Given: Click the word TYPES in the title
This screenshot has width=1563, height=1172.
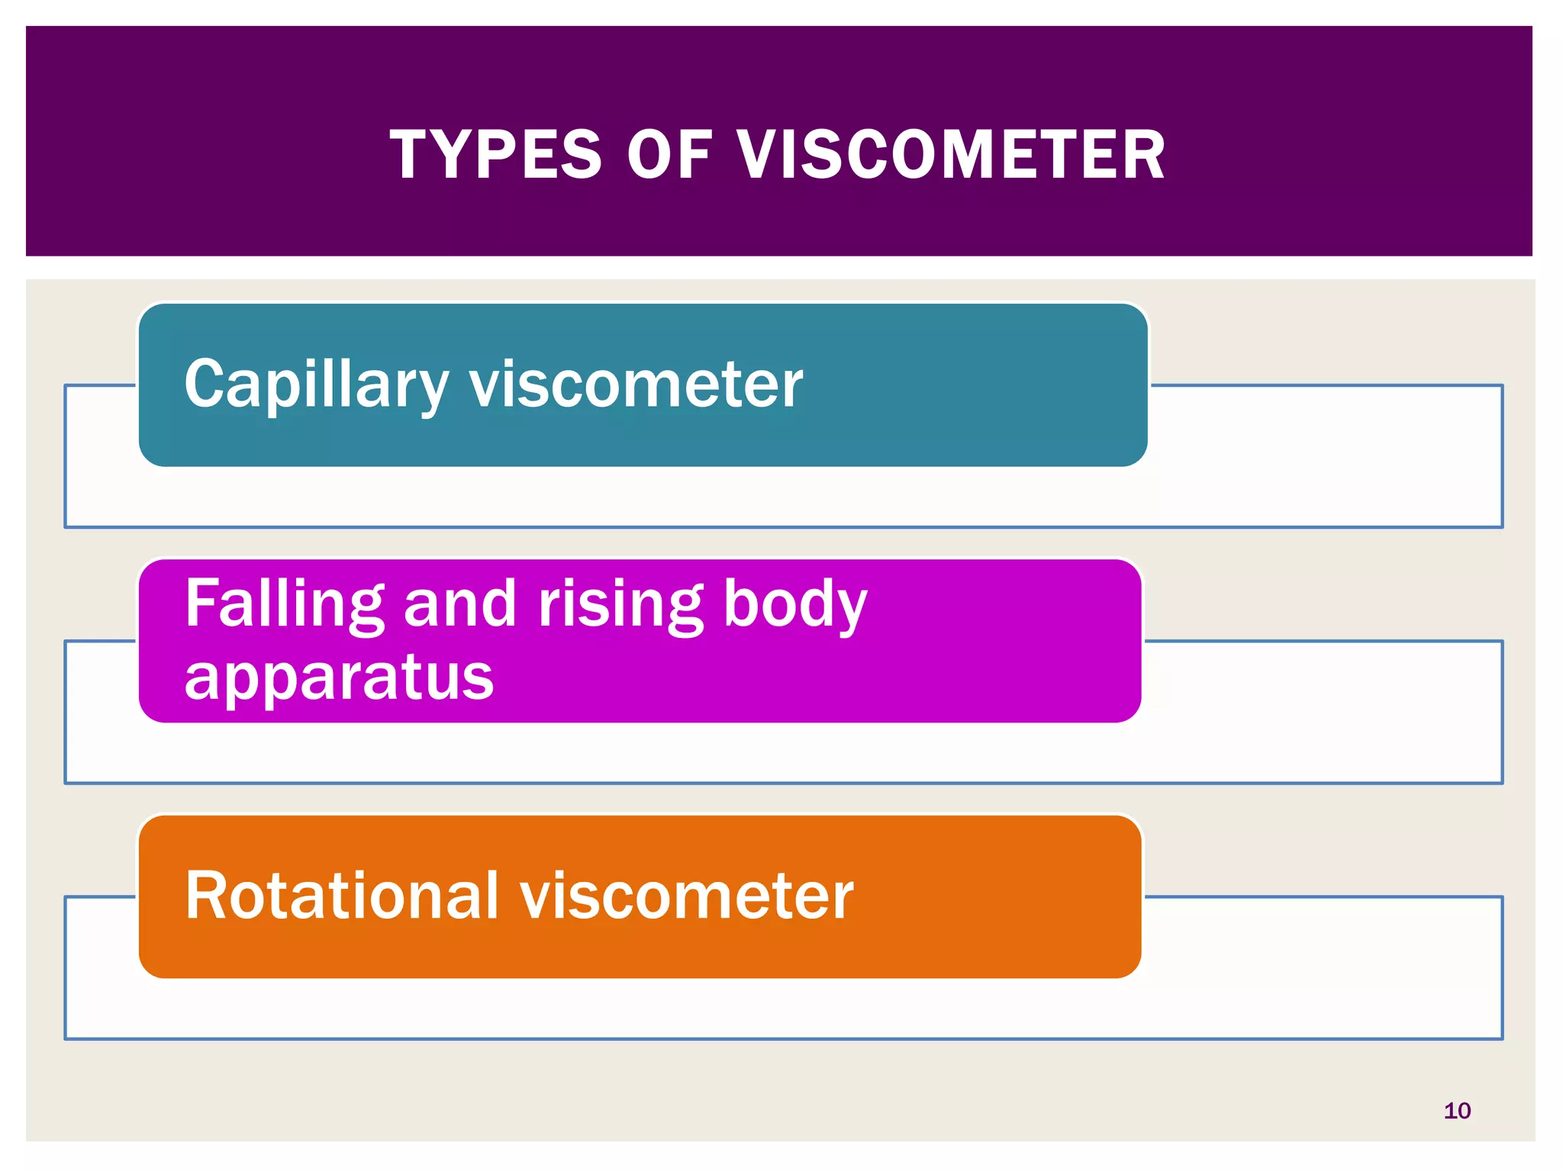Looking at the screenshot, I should (496, 155).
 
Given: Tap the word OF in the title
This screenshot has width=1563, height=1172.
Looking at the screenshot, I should (669, 155).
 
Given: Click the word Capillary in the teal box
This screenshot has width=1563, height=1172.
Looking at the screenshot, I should (317, 385).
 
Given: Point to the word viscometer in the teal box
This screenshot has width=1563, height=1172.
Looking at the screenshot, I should (636, 384).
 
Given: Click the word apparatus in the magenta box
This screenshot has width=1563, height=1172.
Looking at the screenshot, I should (340, 677).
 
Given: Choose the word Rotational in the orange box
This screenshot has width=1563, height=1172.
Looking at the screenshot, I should (342, 896).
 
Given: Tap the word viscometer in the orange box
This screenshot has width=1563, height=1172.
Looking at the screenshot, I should (687, 896).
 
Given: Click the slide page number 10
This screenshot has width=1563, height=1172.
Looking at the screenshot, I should (1457, 1111).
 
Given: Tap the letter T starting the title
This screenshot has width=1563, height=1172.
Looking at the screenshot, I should (412, 155).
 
